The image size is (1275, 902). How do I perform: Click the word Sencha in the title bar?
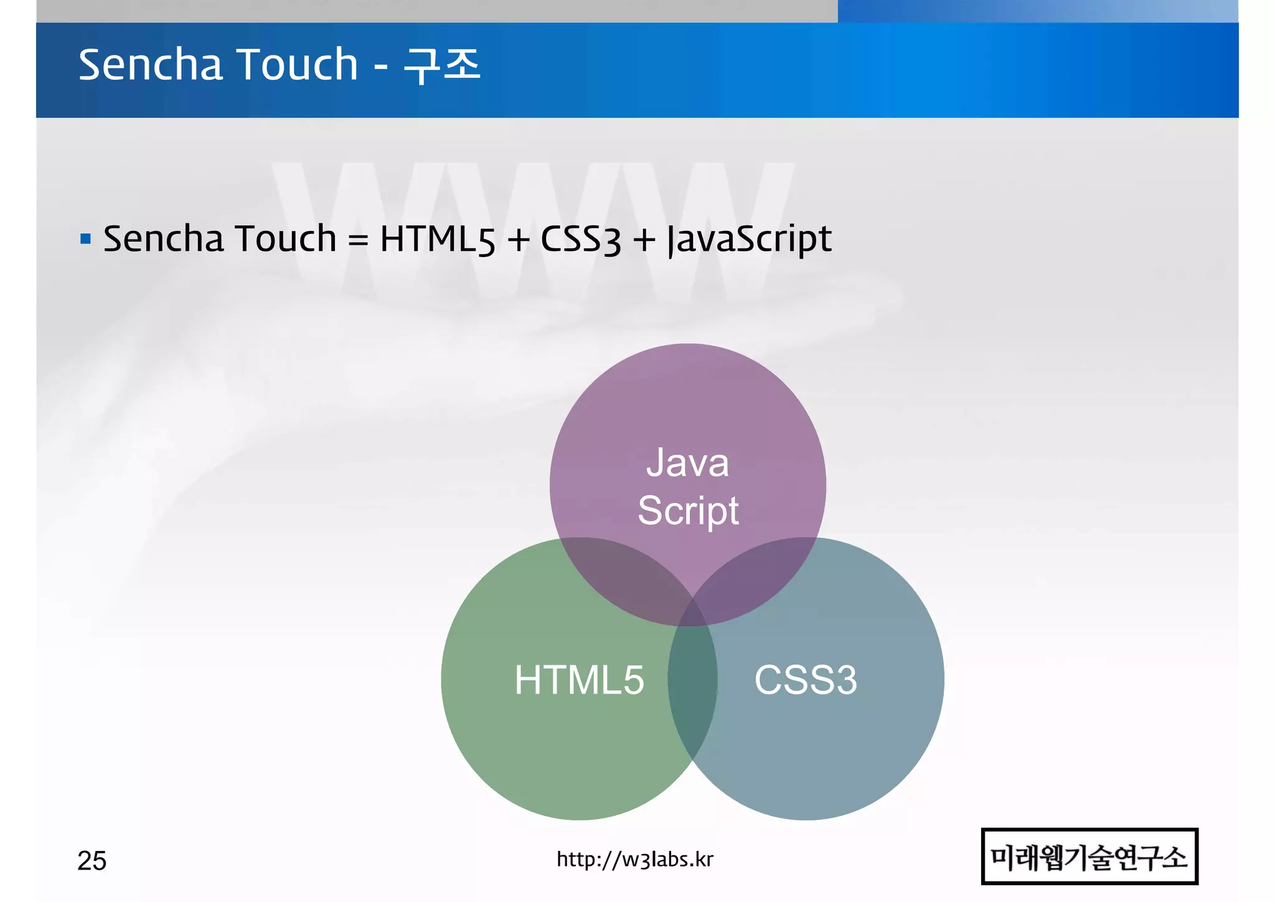[150, 65]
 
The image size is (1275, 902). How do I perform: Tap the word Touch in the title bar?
[298, 65]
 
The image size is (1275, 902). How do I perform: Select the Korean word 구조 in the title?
[442, 65]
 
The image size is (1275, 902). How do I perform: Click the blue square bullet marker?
[86, 238]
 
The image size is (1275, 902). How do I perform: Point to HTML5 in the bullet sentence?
[437, 239]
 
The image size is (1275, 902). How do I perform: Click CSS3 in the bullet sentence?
[580, 239]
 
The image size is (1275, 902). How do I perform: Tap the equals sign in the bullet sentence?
[358, 239]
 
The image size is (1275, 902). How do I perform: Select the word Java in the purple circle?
[687, 463]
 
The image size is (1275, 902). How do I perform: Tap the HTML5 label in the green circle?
[579, 679]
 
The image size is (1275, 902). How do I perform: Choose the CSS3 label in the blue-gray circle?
[806, 679]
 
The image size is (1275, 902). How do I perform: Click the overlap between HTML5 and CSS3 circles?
[692, 691]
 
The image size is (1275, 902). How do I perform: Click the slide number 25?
[92, 861]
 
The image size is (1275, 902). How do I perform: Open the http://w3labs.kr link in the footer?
[635, 860]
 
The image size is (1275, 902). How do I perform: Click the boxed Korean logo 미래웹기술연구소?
[1089, 857]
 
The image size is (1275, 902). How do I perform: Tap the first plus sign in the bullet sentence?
[518, 239]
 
